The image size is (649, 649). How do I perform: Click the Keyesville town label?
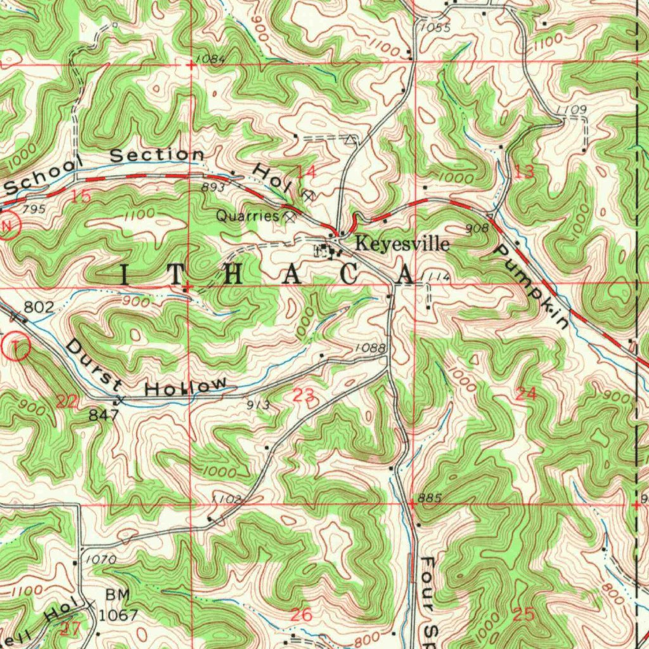[402, 244]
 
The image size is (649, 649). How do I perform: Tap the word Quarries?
[248, 216]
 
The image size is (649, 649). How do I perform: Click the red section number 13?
[524, 171]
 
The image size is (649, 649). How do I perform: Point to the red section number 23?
[302, 395]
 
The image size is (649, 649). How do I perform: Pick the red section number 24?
[526, 394]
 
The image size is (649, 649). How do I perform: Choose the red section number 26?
[302, 614]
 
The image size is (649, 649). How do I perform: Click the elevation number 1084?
[211, 59]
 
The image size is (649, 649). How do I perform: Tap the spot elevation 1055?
[435, 28]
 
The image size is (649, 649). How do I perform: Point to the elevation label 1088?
[371, 347]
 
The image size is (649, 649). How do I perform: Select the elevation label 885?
[429, 498]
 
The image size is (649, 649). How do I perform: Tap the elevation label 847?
[104, 415]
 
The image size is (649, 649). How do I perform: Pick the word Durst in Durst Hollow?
[94, 365]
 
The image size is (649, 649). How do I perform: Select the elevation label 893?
[214, 188]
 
